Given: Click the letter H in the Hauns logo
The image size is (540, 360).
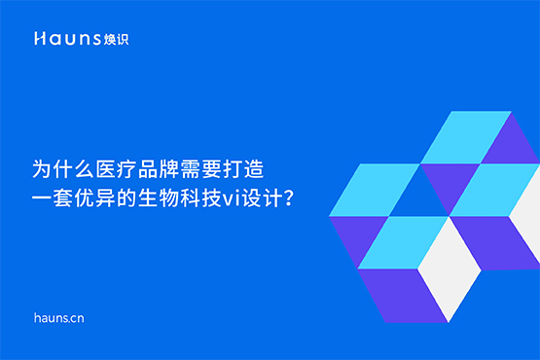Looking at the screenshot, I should click(40, 39).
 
